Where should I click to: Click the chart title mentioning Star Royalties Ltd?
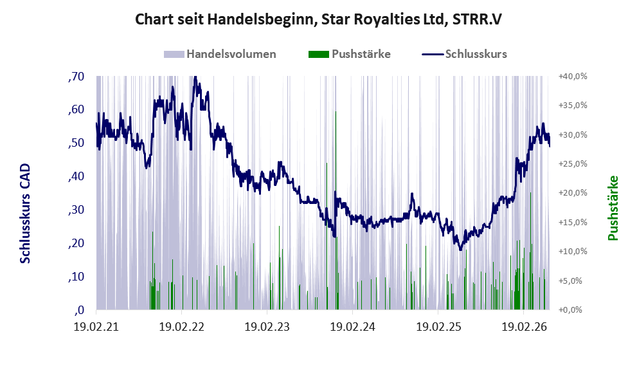pyautogui.click(x=318, y=19)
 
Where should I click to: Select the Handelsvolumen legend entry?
pyautogui.click(x=220, y=54)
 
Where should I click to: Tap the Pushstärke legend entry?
pyautogui.click(x=350, y=54)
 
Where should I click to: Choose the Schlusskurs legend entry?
pyautogui.click(x=464, y=54)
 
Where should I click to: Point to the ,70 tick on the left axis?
pyautogui.click(x=76, y=77)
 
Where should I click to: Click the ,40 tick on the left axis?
pyautogui.click(x=76, y=176)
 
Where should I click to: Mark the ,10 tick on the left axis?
pyautogui.click(x=76, y=277)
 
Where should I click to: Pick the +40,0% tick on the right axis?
pyautogui.click(x=573, y=77)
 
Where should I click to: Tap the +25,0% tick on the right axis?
pyautogui.click(x=573, y=164)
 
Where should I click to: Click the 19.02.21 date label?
pyautogui.click(x=96, y=327)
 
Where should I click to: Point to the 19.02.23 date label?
pyautogui.click(x=267, y=327)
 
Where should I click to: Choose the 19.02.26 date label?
pyautogui.click(x=524, y=327)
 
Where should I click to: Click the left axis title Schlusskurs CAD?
pyautogui.click(x=25, y=214)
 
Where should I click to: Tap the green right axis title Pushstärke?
pyautogui.click(x=613, y=208)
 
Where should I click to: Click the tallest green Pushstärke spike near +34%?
pyautogui.click(x=336, y=210)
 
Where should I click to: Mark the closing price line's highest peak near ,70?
pyautogui.click(x=195, y=77)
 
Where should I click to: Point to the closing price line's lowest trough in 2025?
pyautogui.click(x=460, y=249)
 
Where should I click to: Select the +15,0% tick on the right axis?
pyautogui.click(x=573, y=223)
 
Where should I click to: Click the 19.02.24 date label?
pyautogui.click(x=353, y=327)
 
